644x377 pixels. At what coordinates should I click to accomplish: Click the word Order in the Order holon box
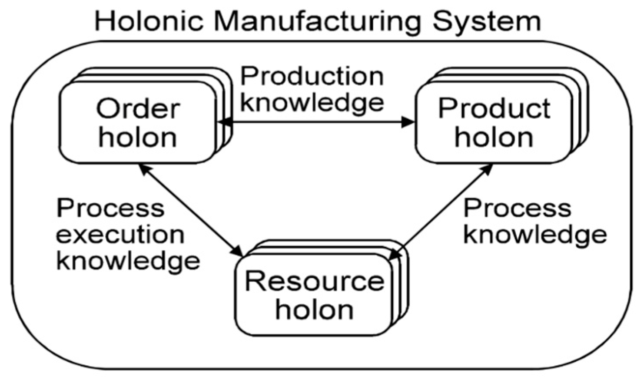coord(138,109)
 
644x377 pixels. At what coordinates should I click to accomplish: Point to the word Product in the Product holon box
coord(495,109)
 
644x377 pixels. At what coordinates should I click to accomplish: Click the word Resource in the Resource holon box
coord(315,282)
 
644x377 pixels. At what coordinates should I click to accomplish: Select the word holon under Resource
coord(315,310)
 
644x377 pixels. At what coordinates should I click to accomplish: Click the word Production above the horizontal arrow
coord(312,77)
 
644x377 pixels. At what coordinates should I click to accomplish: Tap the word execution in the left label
coord(120,235)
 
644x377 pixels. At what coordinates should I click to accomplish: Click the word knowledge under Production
coord(312,103)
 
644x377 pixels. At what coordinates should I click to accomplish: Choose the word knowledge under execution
coord(128,261)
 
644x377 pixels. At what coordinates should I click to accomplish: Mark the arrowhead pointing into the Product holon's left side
coord(408,122)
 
